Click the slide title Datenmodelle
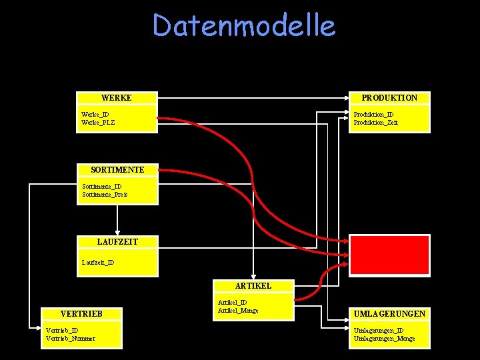[243, 26]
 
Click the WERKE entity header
[117, 98]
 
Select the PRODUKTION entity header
[389, 98]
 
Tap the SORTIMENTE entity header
[117, 170]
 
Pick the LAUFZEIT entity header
[117, 241]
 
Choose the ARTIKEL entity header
[253, 285]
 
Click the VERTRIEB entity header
[81, 313]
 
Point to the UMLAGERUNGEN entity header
[389, 313]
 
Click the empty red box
[389, 255]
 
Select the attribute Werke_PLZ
[98, 123]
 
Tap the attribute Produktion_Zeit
[375, 123]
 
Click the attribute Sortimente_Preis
[105, 195]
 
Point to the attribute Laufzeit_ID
[98, 263]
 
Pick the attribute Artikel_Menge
[238, 311]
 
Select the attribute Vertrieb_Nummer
[70, 339]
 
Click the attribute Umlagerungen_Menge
[384, 339]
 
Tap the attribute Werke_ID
[95, 115]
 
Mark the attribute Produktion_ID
[373, 115]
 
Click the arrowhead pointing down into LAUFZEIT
[117, 232]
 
